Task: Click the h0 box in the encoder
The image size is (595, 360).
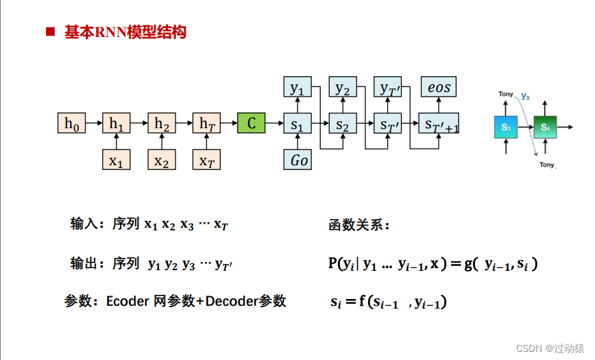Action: [x=71, y=123]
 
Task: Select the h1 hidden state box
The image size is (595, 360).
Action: [x=116, y=123]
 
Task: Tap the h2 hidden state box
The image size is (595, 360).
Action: [x=161, y=123]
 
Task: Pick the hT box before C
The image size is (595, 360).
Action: [x=206, y=123]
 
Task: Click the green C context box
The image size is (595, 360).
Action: [x=252, y=123]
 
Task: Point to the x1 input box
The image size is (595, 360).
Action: [x=116, y=160]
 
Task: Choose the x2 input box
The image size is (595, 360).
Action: [x=161, y=160]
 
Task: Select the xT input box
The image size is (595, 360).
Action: [x=206, y=160]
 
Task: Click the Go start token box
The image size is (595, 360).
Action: [x=297, y=160]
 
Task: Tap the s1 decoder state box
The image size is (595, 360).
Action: [x=297, y=124]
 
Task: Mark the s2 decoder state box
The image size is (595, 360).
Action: [x=342, y=124]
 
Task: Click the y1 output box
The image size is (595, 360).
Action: [x=297, y=87]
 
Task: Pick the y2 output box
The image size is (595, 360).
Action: [x=342, y=87]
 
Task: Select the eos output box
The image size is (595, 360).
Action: [x=439, y=87]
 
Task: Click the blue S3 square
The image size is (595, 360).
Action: [x=505, y=127]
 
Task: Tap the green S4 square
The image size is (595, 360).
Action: [x=545, y=127]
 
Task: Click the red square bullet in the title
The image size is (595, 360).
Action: [x=50, y=32]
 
